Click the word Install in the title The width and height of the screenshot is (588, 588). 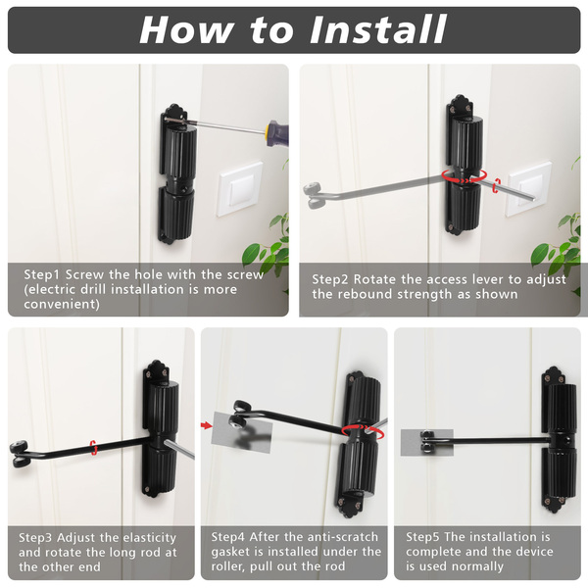[378, 29]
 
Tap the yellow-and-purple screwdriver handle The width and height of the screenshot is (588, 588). [276, 132]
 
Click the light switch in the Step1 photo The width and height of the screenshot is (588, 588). [240, 189]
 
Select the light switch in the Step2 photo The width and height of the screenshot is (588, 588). [529, 189]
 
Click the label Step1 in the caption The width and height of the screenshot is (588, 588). [41, 274]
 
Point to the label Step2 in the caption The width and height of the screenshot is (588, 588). [330, 279]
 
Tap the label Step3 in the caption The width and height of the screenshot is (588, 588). [35, 538]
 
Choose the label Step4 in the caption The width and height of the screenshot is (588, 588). [227, 537]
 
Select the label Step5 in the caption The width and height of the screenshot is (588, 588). [422, 537]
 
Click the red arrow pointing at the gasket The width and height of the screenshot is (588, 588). [206, 425]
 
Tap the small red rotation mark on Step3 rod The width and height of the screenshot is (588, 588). [94, 448]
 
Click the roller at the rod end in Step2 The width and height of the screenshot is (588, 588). [314, 195]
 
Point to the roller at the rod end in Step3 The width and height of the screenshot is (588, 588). [19, 454]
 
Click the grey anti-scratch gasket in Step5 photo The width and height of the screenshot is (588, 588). [426, 443]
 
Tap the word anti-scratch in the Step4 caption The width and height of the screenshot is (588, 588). [331, 537]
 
